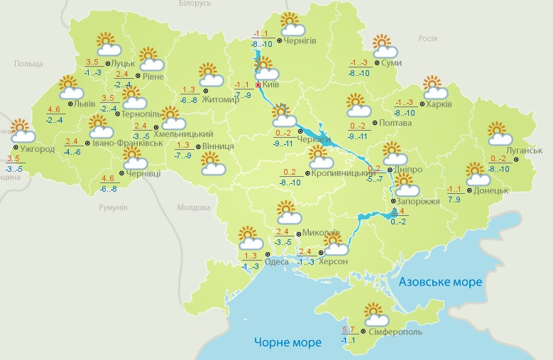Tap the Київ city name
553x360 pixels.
click(x=270, y=84)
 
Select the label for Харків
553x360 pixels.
click(x=439, y=104)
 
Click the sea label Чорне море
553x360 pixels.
click(x=288, y=342)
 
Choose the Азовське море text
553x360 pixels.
click(x=440, y=282)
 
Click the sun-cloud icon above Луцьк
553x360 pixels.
click(x=106, y=45)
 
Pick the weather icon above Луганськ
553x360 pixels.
click(x=500, y=133)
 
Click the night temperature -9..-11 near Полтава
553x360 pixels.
click(x=356, y=136)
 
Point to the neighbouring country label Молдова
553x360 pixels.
click(x=194, y=207)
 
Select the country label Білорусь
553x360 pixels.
click(x=196, y=4)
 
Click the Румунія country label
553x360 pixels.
click(x=114, y=207)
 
